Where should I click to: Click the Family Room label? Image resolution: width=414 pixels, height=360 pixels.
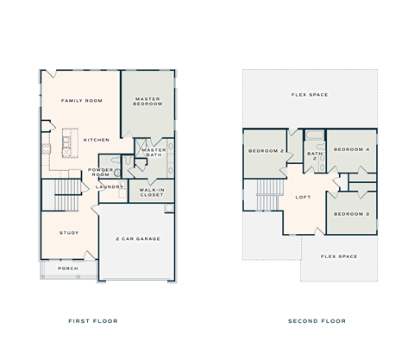tap(82, 101)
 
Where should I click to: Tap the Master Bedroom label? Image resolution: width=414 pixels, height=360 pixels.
tap(148, 102)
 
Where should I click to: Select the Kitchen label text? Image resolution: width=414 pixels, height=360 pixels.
tap(96, 139)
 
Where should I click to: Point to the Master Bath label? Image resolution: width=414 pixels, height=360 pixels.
tap(154, 152)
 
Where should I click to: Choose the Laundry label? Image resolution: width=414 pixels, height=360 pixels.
tap(109, 186)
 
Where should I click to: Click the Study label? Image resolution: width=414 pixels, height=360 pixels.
tap(69, 233)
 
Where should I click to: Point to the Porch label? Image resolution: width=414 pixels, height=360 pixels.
tap(68, 268)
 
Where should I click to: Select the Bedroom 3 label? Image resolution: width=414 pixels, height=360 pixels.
tap(351, 213)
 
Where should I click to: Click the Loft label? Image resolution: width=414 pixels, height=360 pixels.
tap(303, 198)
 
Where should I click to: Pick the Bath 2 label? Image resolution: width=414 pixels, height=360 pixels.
tap(314, 156)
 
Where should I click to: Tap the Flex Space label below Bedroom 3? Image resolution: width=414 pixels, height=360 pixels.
tap(338, 256)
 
